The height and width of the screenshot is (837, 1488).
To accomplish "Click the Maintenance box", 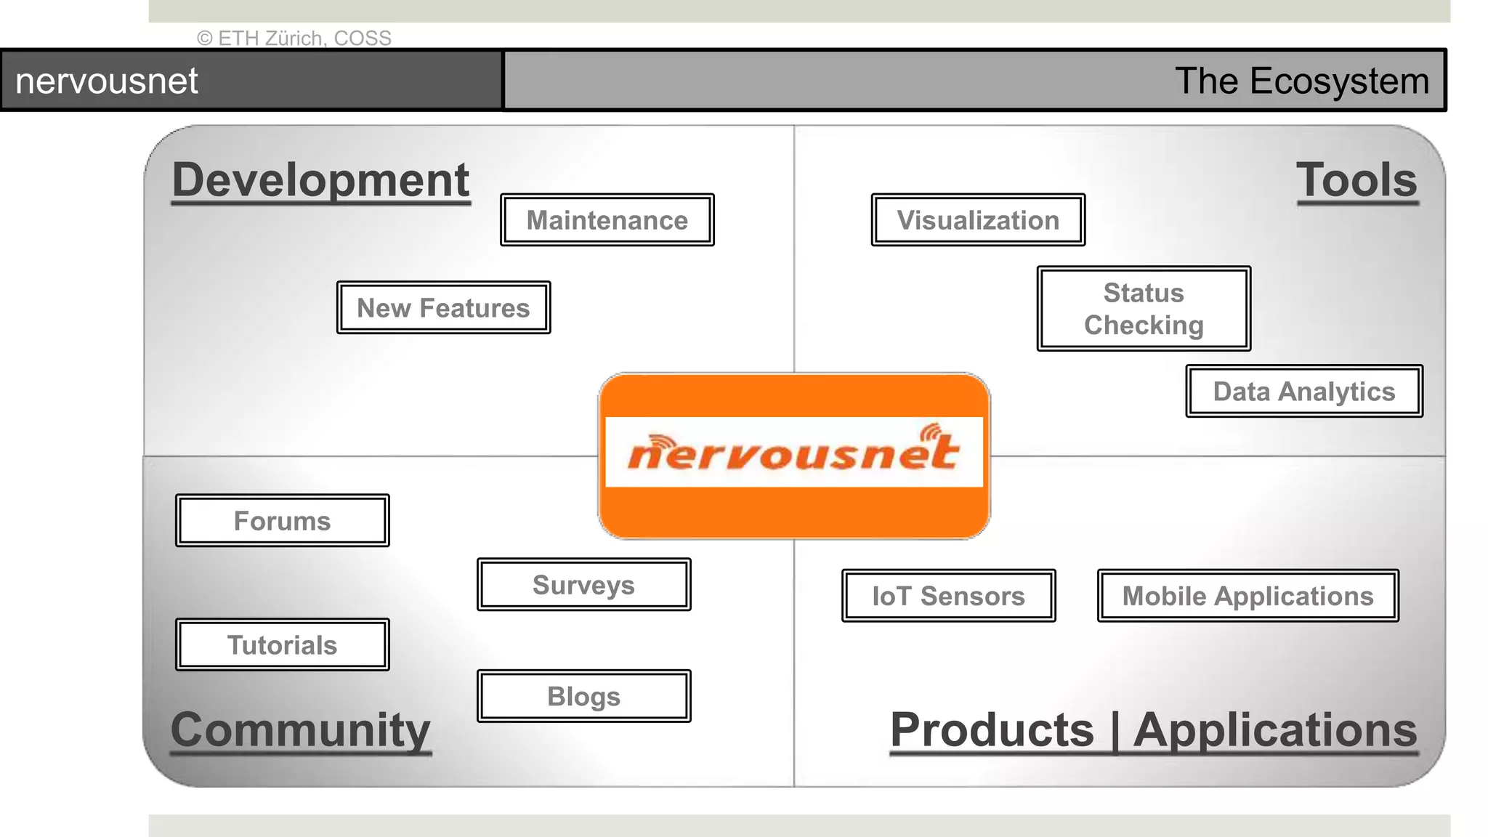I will [x=607, y=220].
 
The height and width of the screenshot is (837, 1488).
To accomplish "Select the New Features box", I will [x=443, y=308].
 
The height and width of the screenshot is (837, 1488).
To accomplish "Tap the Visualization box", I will [x=978, y=220].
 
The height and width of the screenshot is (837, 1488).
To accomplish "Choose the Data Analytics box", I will [x=1304, y=392].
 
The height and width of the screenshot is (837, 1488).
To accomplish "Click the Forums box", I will [x=283, y=521].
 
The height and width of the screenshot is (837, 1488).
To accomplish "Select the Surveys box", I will [x=583, y=585].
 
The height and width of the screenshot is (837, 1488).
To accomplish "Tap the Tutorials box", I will [x=283, y=645].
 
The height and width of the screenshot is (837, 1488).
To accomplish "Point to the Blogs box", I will [x=583, y=696].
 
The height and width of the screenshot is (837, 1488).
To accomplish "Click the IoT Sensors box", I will [x=948, y=596].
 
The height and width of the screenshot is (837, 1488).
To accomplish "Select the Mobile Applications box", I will [x=1248, y=596].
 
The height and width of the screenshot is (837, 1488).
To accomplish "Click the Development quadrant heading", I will [x=321, y=180].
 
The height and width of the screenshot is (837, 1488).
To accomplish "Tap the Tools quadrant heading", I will [x=1356, y=180].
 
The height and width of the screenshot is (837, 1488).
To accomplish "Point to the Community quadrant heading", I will [x=301, y=729].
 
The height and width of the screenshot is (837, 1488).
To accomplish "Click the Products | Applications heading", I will [x=1154, y=729].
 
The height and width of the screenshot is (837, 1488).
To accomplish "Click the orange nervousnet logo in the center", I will [x=793, y=456].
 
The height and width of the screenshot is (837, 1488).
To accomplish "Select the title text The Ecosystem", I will [x=1302, y=81].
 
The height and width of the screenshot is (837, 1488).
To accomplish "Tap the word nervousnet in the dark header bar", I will [x=107, y=81].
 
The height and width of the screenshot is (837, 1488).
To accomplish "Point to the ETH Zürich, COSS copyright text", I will [x=294, y=38].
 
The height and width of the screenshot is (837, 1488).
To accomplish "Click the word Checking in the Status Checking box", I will [x=1144, y=325].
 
